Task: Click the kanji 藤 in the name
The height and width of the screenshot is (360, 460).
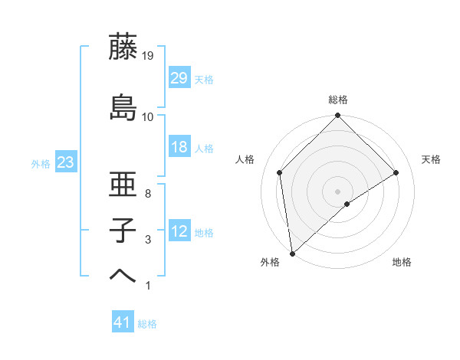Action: (x=123, y=48)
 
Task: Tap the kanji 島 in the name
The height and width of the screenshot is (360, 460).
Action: (x=123, y=107)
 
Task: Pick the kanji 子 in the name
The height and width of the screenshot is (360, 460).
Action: (x=123, y=231)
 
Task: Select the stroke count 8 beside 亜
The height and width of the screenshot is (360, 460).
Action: (x=147, y=195)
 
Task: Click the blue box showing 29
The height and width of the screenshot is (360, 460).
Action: (x=179, y=78)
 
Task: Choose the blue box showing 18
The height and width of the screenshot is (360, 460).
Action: (x=179, y=147)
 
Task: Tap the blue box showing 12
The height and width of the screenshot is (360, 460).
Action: (x=179, y=231)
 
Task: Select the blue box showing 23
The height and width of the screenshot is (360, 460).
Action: (x=65, y=162)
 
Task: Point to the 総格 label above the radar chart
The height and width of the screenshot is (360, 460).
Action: (x=338, y=100)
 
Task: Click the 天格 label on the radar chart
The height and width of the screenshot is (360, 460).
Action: (x=431, y=159)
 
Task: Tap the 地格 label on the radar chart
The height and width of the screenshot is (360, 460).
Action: (x=402, y=262)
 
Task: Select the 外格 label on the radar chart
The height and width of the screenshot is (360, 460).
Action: (x=270, y=262)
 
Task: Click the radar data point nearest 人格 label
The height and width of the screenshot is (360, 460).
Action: (x=280, y=172)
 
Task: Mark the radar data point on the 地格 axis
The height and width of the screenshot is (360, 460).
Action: (x=347, y=204)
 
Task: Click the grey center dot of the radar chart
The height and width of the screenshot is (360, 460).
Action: (x=337, y=190)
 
